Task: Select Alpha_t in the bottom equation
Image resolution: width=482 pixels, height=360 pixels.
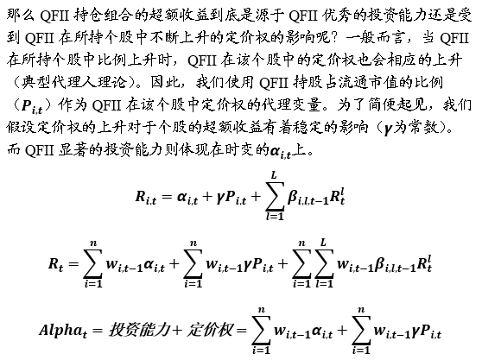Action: (63, 331)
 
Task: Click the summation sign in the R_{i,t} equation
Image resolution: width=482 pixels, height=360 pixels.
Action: (275, 197)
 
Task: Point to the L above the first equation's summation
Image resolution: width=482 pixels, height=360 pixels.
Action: (274, 175)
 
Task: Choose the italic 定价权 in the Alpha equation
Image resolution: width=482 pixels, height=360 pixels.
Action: (210, 330)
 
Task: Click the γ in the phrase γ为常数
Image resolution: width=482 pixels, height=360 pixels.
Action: (388, 129)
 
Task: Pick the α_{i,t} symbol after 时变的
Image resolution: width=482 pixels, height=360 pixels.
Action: (280, 152)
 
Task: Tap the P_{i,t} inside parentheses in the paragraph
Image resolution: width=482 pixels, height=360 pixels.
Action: (32, 106)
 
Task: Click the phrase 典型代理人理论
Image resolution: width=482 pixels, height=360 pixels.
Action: (74, 82)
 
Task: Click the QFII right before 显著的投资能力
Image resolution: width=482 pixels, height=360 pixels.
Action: (40, 150)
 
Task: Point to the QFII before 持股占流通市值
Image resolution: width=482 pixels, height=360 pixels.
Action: (274, 82)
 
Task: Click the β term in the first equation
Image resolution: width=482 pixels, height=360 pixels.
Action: (308, 198)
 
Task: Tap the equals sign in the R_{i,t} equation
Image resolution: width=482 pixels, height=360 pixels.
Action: (167, 196)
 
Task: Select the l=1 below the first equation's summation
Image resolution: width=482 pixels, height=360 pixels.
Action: (275, 217)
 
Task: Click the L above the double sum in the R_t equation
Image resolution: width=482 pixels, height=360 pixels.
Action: (323, 243)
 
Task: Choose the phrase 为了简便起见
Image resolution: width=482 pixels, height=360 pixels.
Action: (381, 105)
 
